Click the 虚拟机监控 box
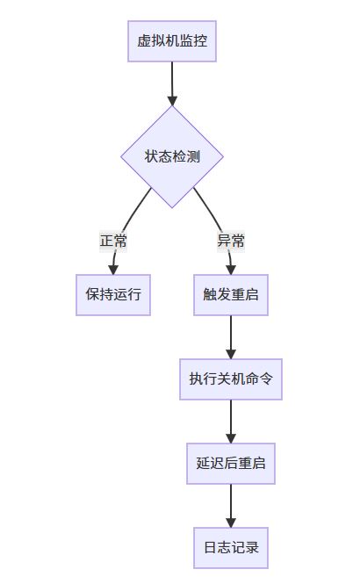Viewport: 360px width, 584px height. click(172, 41)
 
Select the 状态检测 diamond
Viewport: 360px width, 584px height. click(172, 156)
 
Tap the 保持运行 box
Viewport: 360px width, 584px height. click(113, 294)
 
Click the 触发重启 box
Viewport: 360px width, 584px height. click(231, 294)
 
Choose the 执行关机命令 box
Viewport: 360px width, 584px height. click(231, 379)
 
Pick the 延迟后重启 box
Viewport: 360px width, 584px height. click(231, 464)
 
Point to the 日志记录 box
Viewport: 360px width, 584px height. click(231, 548)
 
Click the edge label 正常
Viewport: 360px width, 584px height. click(113, 241)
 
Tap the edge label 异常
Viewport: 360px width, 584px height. click(231, 241)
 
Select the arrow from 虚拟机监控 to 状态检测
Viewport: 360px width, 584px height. click(172, 83)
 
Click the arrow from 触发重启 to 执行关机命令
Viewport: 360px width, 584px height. click(231, 337)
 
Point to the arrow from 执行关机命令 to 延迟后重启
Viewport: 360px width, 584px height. click(231, 422)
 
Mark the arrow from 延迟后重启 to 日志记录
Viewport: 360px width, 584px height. click(231, 506)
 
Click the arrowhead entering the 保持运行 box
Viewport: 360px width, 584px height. click(113, 270)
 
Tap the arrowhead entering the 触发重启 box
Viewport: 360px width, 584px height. click(231, 270)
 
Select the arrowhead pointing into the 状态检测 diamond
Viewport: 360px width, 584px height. click(172, 101)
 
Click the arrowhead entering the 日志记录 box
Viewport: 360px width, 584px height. click(231, 523)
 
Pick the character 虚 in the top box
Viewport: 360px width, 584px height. click(144, 41)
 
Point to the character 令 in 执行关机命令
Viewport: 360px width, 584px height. click(266, 379)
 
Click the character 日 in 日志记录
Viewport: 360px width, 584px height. click(211, 548)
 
